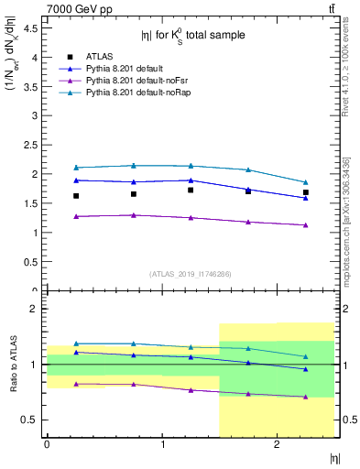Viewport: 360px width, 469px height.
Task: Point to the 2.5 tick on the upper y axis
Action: pos(32,145)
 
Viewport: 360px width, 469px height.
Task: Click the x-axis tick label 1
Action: pos(162,444)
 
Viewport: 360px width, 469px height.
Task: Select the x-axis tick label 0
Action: pos(47,444)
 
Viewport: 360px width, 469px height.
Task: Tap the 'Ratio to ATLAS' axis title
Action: pos(12,365)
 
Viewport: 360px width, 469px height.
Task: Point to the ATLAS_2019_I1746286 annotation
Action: pos(191,274)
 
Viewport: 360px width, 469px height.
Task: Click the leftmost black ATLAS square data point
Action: pos(76,196)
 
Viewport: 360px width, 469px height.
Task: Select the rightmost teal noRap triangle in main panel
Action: pos(306,182)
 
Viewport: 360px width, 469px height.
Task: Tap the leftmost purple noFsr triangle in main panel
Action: pos(76,216)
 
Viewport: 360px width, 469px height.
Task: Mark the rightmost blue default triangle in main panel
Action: pos(306,198)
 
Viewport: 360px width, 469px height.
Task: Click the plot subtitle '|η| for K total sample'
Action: pos(192,35)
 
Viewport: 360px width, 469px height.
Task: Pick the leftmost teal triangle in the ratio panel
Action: pos(76,344)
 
